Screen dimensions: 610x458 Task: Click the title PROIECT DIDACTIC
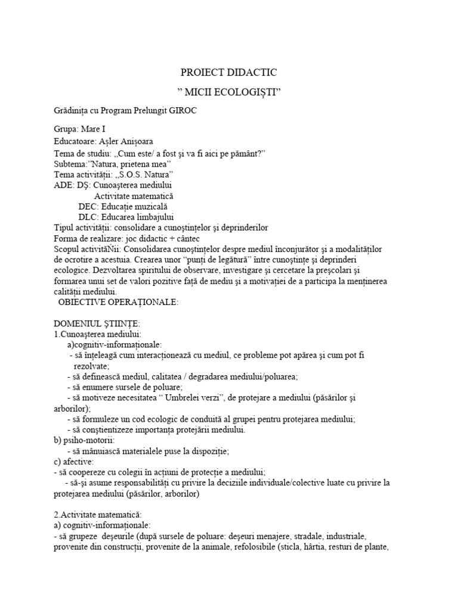pos(229,73)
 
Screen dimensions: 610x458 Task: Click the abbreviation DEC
pos(88,206)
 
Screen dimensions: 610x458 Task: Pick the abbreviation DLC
pos(88,217)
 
